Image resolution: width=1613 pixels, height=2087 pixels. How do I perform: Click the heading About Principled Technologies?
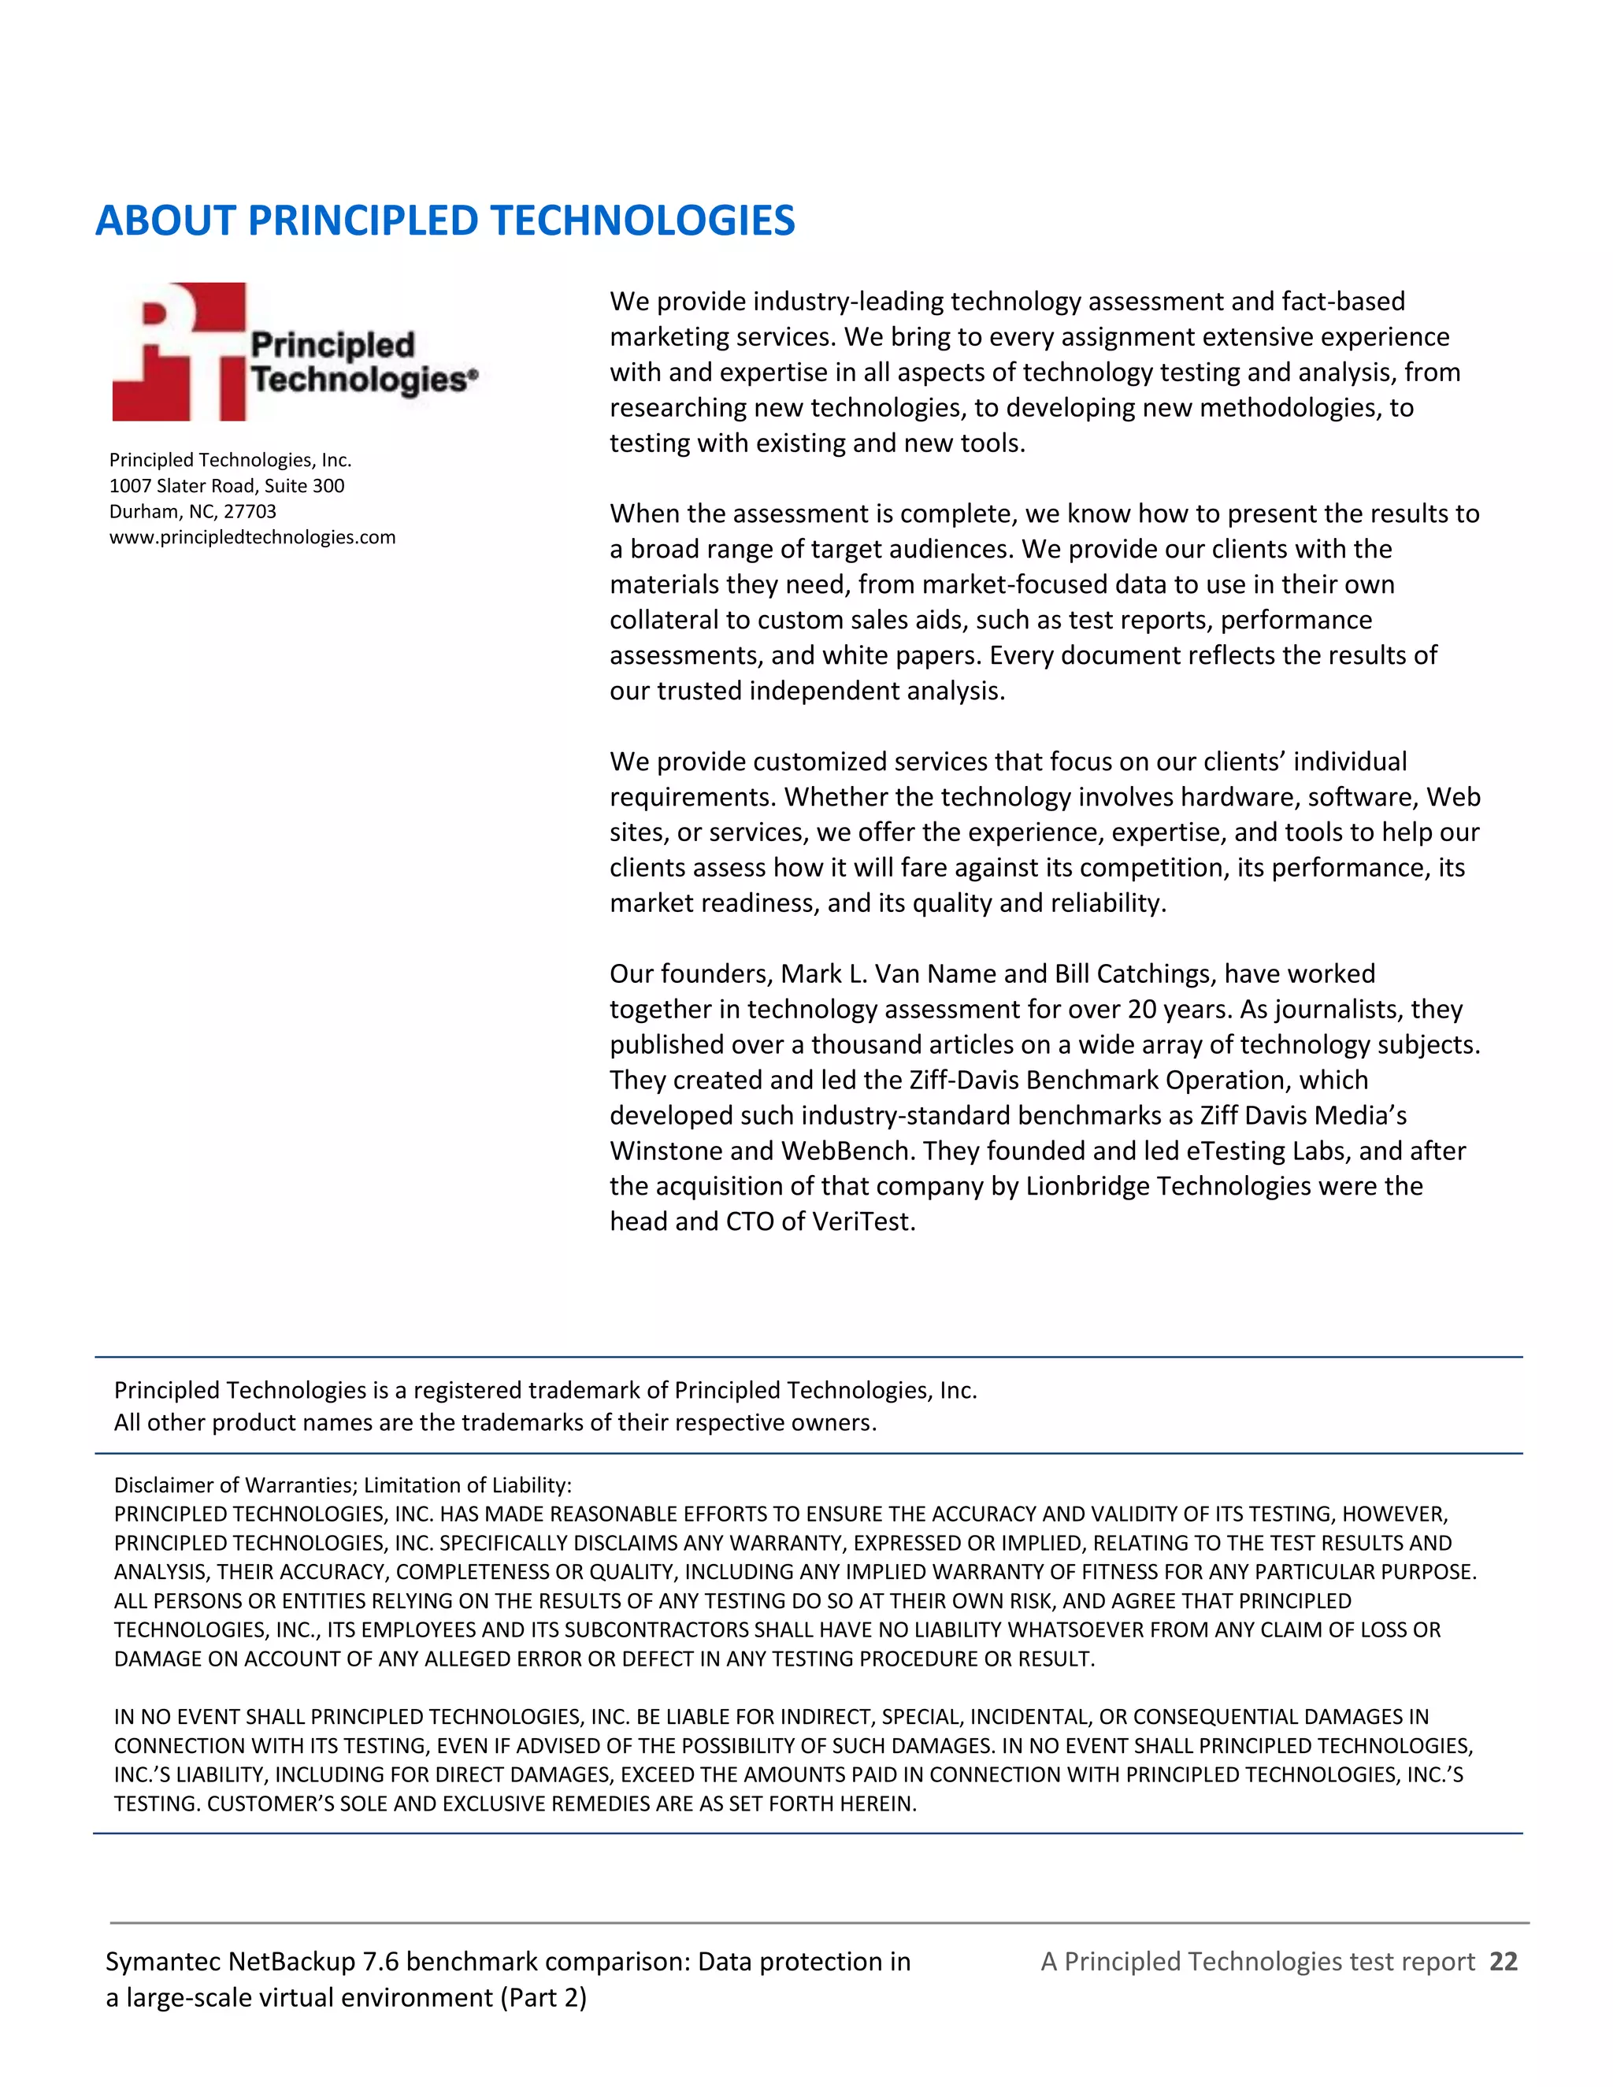click(x=444, y=221)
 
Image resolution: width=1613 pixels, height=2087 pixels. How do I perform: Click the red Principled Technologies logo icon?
click(x=180, y=352)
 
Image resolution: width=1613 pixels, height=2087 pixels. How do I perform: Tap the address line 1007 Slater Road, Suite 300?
click(x=227, y=485)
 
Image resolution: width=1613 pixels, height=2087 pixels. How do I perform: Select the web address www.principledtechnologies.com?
click(x=252, y=537)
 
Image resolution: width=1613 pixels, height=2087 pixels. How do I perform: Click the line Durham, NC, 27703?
click(x=192, y=511)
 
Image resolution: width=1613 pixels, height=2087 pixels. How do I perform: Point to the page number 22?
click(x=1503, y=1962)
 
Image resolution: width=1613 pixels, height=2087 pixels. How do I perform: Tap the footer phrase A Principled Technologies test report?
click(x=1258, y=1962)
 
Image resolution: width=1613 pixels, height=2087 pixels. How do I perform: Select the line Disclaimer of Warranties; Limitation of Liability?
click(x=342, y=1485)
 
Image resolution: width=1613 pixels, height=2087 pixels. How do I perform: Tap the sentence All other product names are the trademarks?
click(x=494, y=1423)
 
